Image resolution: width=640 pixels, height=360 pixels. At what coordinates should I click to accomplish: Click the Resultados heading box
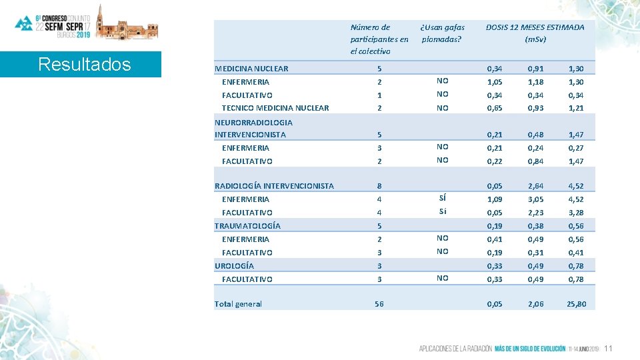84,65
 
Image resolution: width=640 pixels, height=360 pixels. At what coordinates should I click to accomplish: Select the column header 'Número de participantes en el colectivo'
379,39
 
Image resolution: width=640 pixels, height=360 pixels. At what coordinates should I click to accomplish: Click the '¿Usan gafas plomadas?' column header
442,33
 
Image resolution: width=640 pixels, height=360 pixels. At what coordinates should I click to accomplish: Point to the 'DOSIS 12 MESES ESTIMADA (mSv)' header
535,33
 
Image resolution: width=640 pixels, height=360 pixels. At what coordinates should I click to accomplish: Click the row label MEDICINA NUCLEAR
251,69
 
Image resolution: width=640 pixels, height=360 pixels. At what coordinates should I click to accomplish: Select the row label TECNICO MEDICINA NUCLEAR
275,108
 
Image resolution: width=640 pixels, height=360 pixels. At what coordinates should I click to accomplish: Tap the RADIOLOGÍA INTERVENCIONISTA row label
274,186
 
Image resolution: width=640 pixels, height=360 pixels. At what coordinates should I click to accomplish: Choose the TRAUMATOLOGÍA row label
247,226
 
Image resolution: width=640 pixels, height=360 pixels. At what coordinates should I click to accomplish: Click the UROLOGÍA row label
234,266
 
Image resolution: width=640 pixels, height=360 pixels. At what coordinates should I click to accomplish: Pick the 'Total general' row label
238,304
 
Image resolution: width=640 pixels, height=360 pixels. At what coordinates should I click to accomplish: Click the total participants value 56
379,304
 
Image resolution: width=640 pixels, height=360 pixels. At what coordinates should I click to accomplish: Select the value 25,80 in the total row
575,304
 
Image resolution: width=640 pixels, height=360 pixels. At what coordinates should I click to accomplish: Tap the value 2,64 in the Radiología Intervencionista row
535,186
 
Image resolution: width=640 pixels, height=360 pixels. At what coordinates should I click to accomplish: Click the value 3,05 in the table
535,199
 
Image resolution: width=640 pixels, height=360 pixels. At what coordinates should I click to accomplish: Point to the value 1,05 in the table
495,82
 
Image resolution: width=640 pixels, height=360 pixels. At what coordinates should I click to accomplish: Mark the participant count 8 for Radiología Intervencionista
379,186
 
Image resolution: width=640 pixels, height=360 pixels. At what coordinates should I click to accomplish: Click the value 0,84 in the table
535,161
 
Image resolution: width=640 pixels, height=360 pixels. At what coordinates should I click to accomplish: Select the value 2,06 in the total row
535,304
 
